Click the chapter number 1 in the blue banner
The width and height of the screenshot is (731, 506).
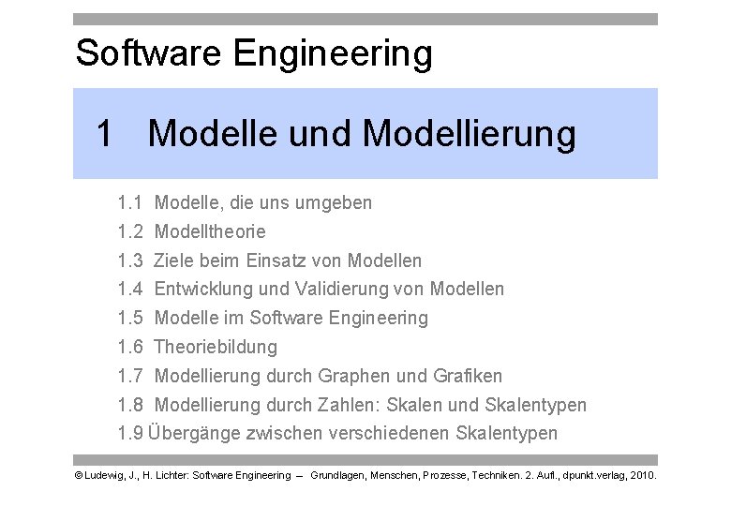106,135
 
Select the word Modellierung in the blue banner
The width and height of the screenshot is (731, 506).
469,135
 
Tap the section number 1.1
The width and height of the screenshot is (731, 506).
130,202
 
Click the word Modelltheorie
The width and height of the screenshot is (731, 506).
210,231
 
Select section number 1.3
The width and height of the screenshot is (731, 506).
130,260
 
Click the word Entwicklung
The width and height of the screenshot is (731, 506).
207,290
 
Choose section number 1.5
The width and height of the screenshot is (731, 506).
130,319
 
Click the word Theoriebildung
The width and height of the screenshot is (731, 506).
216,348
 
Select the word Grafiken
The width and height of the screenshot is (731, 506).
469,377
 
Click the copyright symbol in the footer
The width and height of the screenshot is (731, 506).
78,476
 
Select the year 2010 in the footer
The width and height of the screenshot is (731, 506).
642,476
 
